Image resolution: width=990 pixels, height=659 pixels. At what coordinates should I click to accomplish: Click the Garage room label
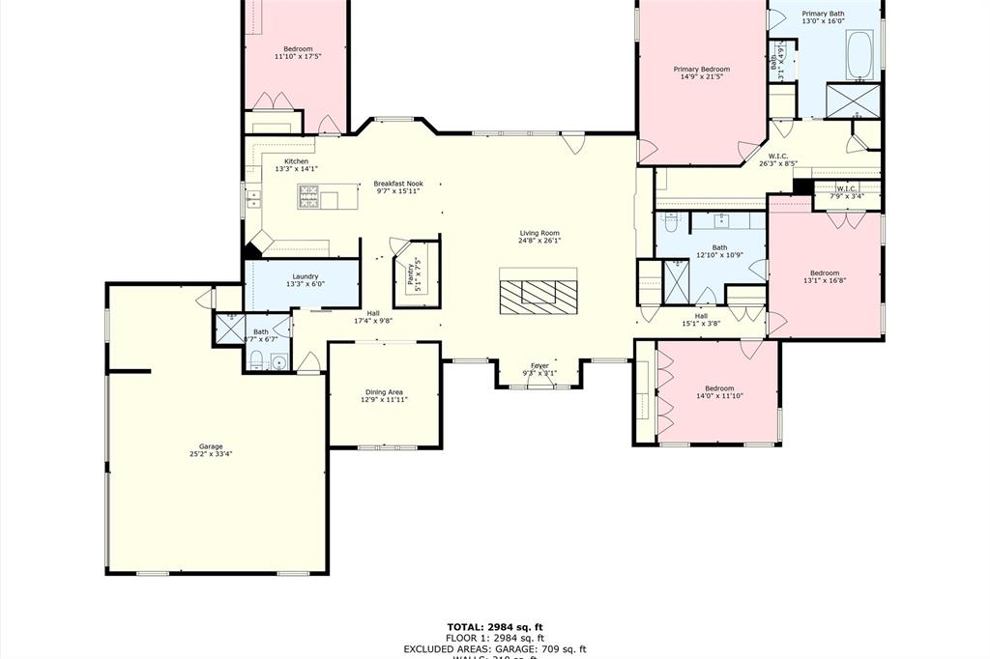point(211,446)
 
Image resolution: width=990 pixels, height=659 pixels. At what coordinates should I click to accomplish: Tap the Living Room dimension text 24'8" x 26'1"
point(539,242)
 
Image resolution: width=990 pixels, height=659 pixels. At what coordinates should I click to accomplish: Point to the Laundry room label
point(306,276)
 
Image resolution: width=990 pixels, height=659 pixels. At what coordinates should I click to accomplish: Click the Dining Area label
point(384,391)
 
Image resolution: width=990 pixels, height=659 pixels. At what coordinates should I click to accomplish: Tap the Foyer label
point(539,365)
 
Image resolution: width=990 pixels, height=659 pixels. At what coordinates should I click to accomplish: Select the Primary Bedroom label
point(701,70)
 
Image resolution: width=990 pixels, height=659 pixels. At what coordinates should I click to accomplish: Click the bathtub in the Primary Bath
point(859,55)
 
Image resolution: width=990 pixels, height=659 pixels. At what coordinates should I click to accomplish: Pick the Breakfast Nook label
point(398,184)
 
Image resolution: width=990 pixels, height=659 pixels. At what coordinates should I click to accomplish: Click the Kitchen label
point(296,161)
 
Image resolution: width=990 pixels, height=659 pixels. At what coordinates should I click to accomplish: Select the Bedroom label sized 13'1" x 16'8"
point(825,272)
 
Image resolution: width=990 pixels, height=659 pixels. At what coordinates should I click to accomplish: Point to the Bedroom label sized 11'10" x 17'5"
point(298,49)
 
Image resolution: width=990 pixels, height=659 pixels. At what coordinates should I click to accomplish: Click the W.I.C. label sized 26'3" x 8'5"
point(778,156)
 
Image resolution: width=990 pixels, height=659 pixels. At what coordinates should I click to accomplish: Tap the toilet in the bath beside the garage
point(256,362)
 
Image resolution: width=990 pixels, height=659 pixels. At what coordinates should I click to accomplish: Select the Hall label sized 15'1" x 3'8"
point(701,316)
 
